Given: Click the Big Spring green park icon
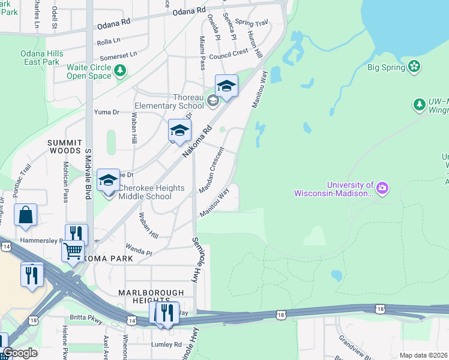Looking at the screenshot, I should point(414,66).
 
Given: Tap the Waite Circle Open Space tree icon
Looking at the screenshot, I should point(121,71).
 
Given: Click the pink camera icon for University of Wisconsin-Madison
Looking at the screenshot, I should point(382,189).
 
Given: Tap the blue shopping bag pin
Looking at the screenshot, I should point(26,215).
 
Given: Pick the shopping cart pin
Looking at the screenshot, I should point(73,251).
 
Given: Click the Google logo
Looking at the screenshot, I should point(20,353).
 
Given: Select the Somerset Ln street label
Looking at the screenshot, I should point(118,55).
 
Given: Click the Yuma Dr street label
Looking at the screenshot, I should point(107,112).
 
